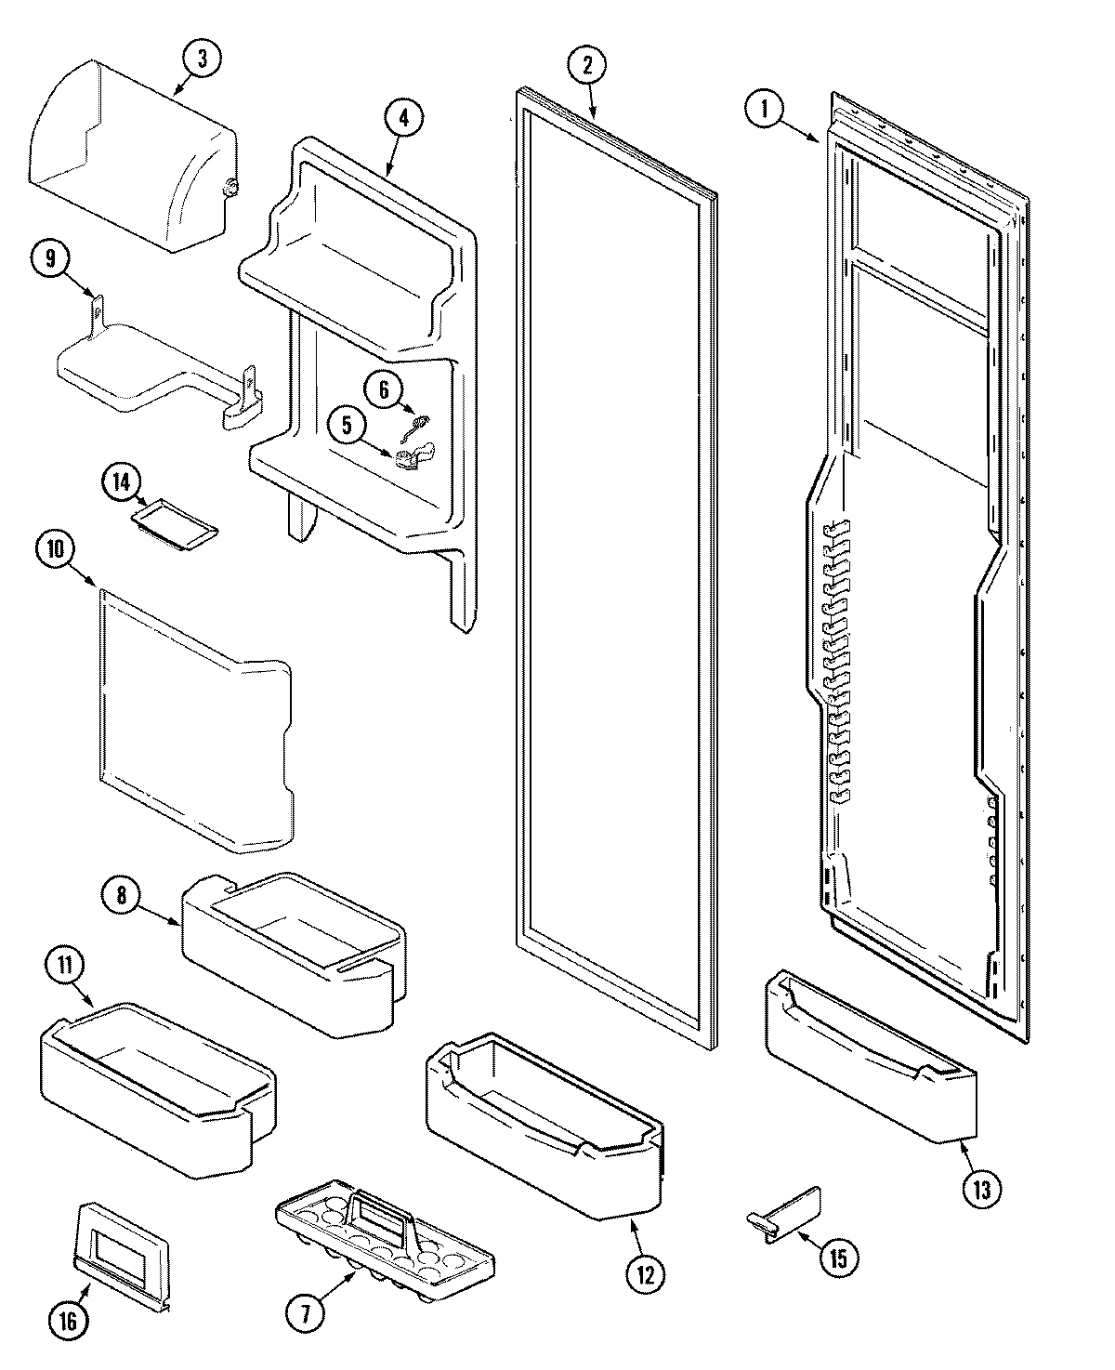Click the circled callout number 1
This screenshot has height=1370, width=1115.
[765, 110]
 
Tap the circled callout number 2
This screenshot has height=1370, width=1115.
[587, 66]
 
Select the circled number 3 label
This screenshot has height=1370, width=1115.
[202, 59]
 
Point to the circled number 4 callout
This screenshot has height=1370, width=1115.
[403, 118]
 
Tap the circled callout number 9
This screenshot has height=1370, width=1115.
[51, 259]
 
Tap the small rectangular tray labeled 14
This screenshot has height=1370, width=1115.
[175, 518]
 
